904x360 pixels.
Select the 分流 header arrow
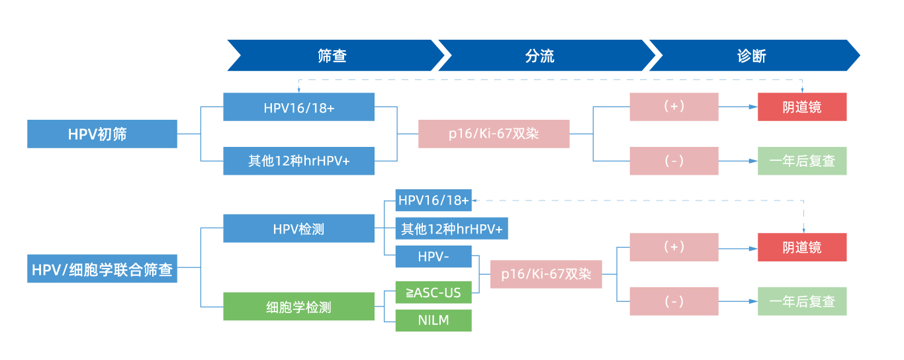tap(540, 56)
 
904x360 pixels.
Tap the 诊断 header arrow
tap(752, 56)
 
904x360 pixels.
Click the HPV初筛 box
tap(102, 134)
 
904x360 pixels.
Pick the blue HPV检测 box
tap(298, 229)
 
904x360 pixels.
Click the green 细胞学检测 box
tap(298, 307)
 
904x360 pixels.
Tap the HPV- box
tap(433, 255)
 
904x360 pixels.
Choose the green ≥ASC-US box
tap(433, 292)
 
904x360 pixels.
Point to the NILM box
tap(433, 320)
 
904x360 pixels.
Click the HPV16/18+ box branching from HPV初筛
tap(298, 107)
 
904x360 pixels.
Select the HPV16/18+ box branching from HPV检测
tap(433, 200)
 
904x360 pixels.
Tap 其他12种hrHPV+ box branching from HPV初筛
tap(298, 161)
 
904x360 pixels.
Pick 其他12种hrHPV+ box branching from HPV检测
tap(451, 229)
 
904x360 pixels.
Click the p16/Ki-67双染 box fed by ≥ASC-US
tap(546, 274)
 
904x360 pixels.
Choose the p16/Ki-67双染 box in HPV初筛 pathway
tap(494, 134)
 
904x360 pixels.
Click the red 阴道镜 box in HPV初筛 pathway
tap(801, 107)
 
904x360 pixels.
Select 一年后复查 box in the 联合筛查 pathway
tap(801, 301)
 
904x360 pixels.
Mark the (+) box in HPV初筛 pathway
tap(674, 107)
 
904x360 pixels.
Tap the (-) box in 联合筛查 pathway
tap(674, 301)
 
